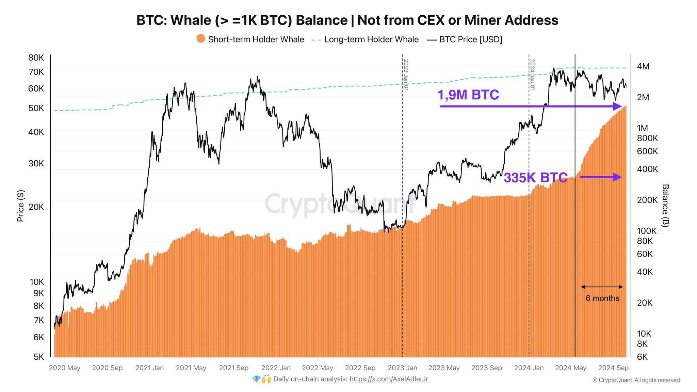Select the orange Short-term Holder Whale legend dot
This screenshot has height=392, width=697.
(201, 39)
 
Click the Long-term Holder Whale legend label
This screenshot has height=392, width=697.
(371, 39)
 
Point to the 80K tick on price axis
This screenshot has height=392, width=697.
(36, 58)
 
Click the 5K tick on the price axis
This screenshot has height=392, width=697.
(39, 357)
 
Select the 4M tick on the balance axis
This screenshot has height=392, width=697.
(643, 66)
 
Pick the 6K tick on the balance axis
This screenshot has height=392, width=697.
(642, 357)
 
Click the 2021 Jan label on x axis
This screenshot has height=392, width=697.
(149, 368)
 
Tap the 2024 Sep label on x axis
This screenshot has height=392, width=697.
(613, 368)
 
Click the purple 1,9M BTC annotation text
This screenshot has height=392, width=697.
(468, 95)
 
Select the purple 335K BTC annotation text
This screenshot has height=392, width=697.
(535, 178)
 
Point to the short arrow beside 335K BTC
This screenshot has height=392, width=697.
(601, 177)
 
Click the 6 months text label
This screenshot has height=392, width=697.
(602, 298)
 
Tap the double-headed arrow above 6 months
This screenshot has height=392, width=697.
(602, 287)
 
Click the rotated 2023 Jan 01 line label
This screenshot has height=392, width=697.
(406, 75)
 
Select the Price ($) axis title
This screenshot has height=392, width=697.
(20, 206)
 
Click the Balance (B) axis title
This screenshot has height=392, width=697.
(665, 206)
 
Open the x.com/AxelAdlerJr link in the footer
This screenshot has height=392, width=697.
(389, 379)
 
